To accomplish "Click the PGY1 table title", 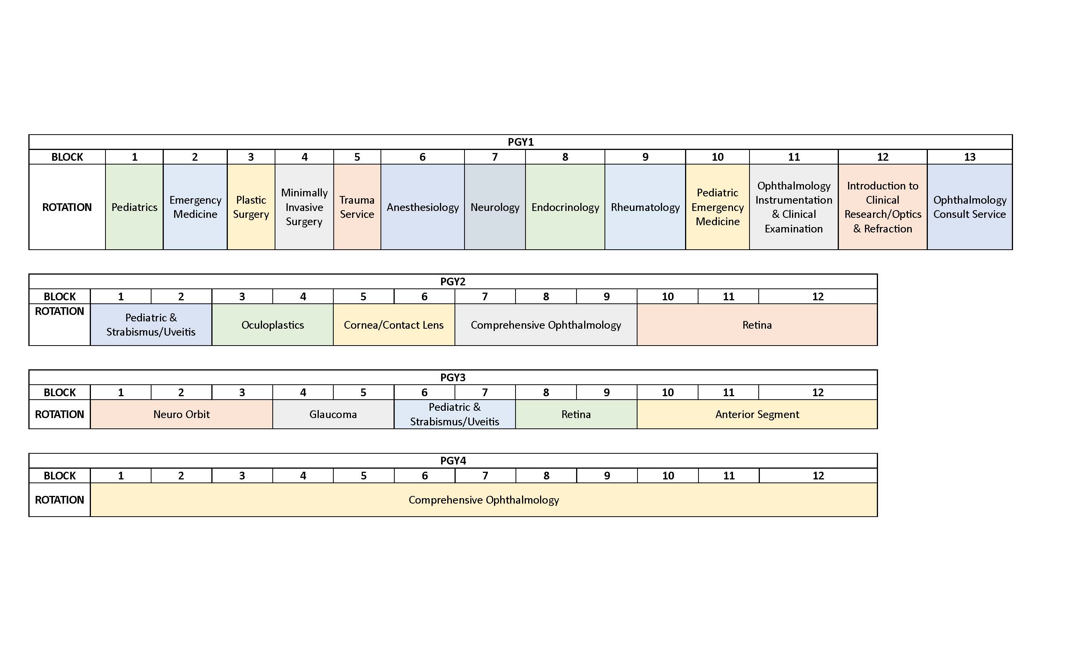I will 521,142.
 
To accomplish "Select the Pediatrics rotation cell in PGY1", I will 134,207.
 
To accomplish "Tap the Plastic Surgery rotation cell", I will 250,207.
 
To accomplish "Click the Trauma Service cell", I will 357,207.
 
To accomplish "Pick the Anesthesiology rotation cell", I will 422,207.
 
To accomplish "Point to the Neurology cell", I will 495,207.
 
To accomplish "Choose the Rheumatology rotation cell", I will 645,207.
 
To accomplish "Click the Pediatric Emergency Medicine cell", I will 717,207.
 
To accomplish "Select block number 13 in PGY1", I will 969,157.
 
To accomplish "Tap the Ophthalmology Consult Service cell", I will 969,207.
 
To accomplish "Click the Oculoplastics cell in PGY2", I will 272,325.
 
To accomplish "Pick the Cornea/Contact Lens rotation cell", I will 394,325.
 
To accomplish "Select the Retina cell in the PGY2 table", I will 757,325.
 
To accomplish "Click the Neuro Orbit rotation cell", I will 181,414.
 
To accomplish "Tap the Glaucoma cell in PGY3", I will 333,414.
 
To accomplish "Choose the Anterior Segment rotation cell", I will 757,414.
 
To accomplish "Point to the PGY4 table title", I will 453,461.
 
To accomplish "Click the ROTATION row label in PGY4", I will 59,499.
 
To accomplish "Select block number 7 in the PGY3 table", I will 485,392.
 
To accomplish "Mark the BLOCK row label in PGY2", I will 59,296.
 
